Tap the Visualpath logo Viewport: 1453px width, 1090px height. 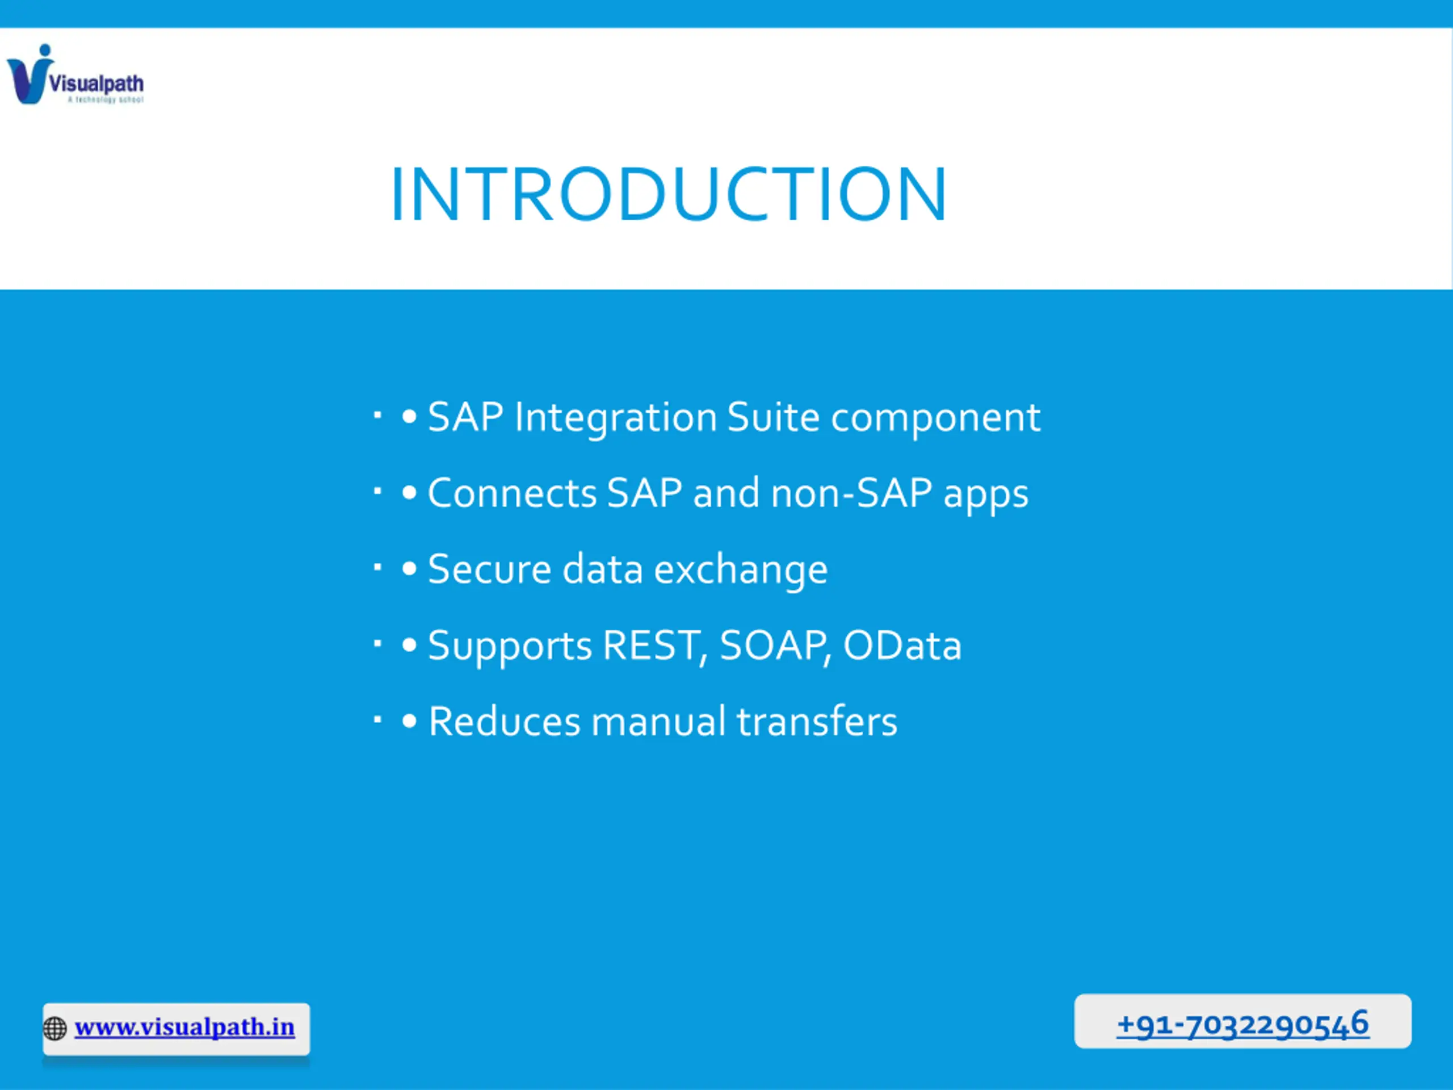[x=75, y=74]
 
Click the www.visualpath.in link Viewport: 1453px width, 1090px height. [x=184, y=1027]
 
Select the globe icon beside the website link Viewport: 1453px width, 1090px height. [x=55, y=1028]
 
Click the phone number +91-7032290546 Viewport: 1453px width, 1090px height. [x=1243, y=1024]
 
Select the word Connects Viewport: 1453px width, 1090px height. [x=513, y=493]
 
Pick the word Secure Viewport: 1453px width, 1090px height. [x=489, y=569]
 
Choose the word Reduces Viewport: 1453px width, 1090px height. [x=505, y=722]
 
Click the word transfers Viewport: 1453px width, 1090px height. [x=817, y=722]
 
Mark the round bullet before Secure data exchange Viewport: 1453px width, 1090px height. [x=409, y=569]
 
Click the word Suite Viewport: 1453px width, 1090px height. [x=774, y=417]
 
